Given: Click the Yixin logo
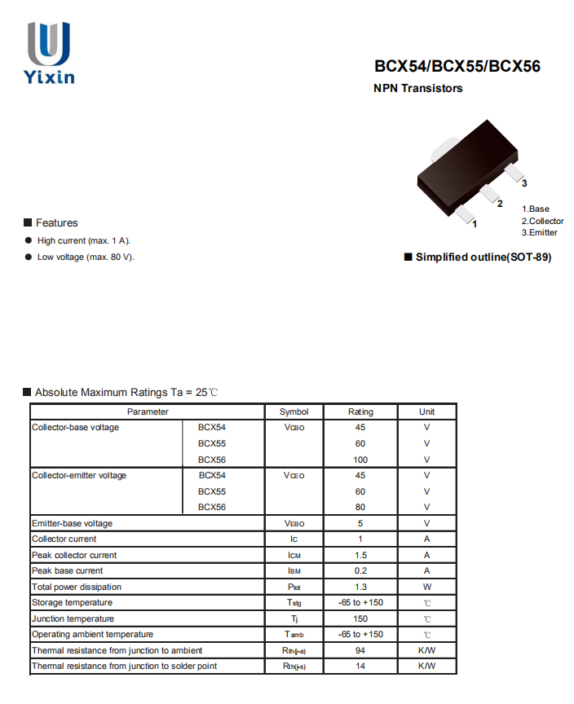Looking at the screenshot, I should (x=49, y=53).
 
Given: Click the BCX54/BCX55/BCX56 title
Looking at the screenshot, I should (x=457, y=67).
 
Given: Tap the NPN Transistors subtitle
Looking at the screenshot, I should (x=417, y=88).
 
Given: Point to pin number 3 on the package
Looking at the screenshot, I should (x=524, y=183).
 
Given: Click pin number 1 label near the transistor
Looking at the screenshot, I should (x=475, y=222).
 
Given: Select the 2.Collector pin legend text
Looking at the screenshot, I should (x=542, y=221).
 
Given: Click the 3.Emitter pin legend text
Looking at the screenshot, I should (x=540, y=232).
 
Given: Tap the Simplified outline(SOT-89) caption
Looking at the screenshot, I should (x=483, y=257).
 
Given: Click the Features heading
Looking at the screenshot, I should (x=56, y=222).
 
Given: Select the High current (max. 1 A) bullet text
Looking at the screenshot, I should (x=83, y=240).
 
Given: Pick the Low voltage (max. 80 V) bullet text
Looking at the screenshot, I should (x=86, y=257).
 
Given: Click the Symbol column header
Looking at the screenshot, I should (x=294, y=411).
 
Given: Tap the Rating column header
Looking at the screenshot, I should (x=360, y=411).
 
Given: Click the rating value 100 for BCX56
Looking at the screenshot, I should (x=360, y=460).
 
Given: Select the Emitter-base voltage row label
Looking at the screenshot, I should (x=72, y=523).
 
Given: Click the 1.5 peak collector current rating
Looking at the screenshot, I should (x=360, y=555).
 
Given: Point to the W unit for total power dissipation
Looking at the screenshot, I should (x=426, y=587).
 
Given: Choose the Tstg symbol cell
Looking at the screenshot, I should (x=294, y=603).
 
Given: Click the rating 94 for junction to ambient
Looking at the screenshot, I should (x=360, y=650).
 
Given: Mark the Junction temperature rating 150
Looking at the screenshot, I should (x=360, y=618).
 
